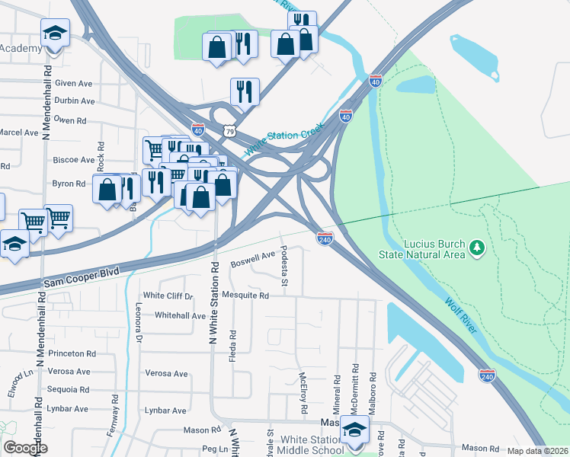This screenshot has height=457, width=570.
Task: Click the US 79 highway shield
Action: (229, 131)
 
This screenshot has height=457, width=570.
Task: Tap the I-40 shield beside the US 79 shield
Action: (198, 131)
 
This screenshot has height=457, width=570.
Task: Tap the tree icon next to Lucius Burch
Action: (477, 247)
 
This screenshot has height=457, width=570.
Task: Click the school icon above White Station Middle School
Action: (354, 431)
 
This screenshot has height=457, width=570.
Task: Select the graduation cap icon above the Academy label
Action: (53, 34)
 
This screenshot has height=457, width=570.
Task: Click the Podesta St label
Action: (283, 267)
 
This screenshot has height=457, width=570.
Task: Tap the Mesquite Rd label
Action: (245, 296)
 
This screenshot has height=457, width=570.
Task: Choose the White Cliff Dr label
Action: (168, 296)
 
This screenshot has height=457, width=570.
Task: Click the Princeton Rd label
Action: (72, 353)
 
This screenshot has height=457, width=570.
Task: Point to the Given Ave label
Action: (74, 84)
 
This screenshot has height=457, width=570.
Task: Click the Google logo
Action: (25, 448)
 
